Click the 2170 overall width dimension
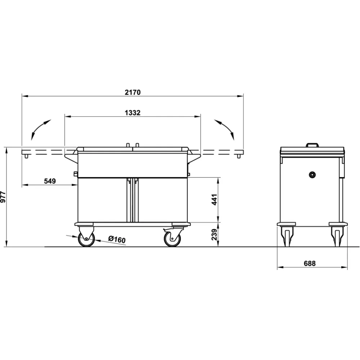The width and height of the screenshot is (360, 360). (132, 92)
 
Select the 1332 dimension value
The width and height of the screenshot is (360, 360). (132, 113)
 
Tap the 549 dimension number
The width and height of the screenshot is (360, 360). (50, 181)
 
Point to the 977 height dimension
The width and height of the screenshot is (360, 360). (3, 197)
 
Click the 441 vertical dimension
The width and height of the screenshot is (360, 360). (215, 199)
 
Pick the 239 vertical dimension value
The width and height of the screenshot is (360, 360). (215, 235)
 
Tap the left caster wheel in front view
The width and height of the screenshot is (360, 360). (86, 239)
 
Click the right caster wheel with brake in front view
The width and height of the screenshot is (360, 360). (172, 239)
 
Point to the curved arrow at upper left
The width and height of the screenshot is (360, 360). (40, 129)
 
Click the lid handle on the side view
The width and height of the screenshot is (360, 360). (312, 145)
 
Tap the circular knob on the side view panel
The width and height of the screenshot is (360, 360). (312, 175)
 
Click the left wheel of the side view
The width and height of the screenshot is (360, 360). (287, 238)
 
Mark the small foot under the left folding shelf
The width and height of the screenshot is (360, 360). (26, 156)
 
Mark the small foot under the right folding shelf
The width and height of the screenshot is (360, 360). (238, 156)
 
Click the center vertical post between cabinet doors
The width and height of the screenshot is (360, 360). (132, 200)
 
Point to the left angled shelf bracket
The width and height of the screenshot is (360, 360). (71, 158)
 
